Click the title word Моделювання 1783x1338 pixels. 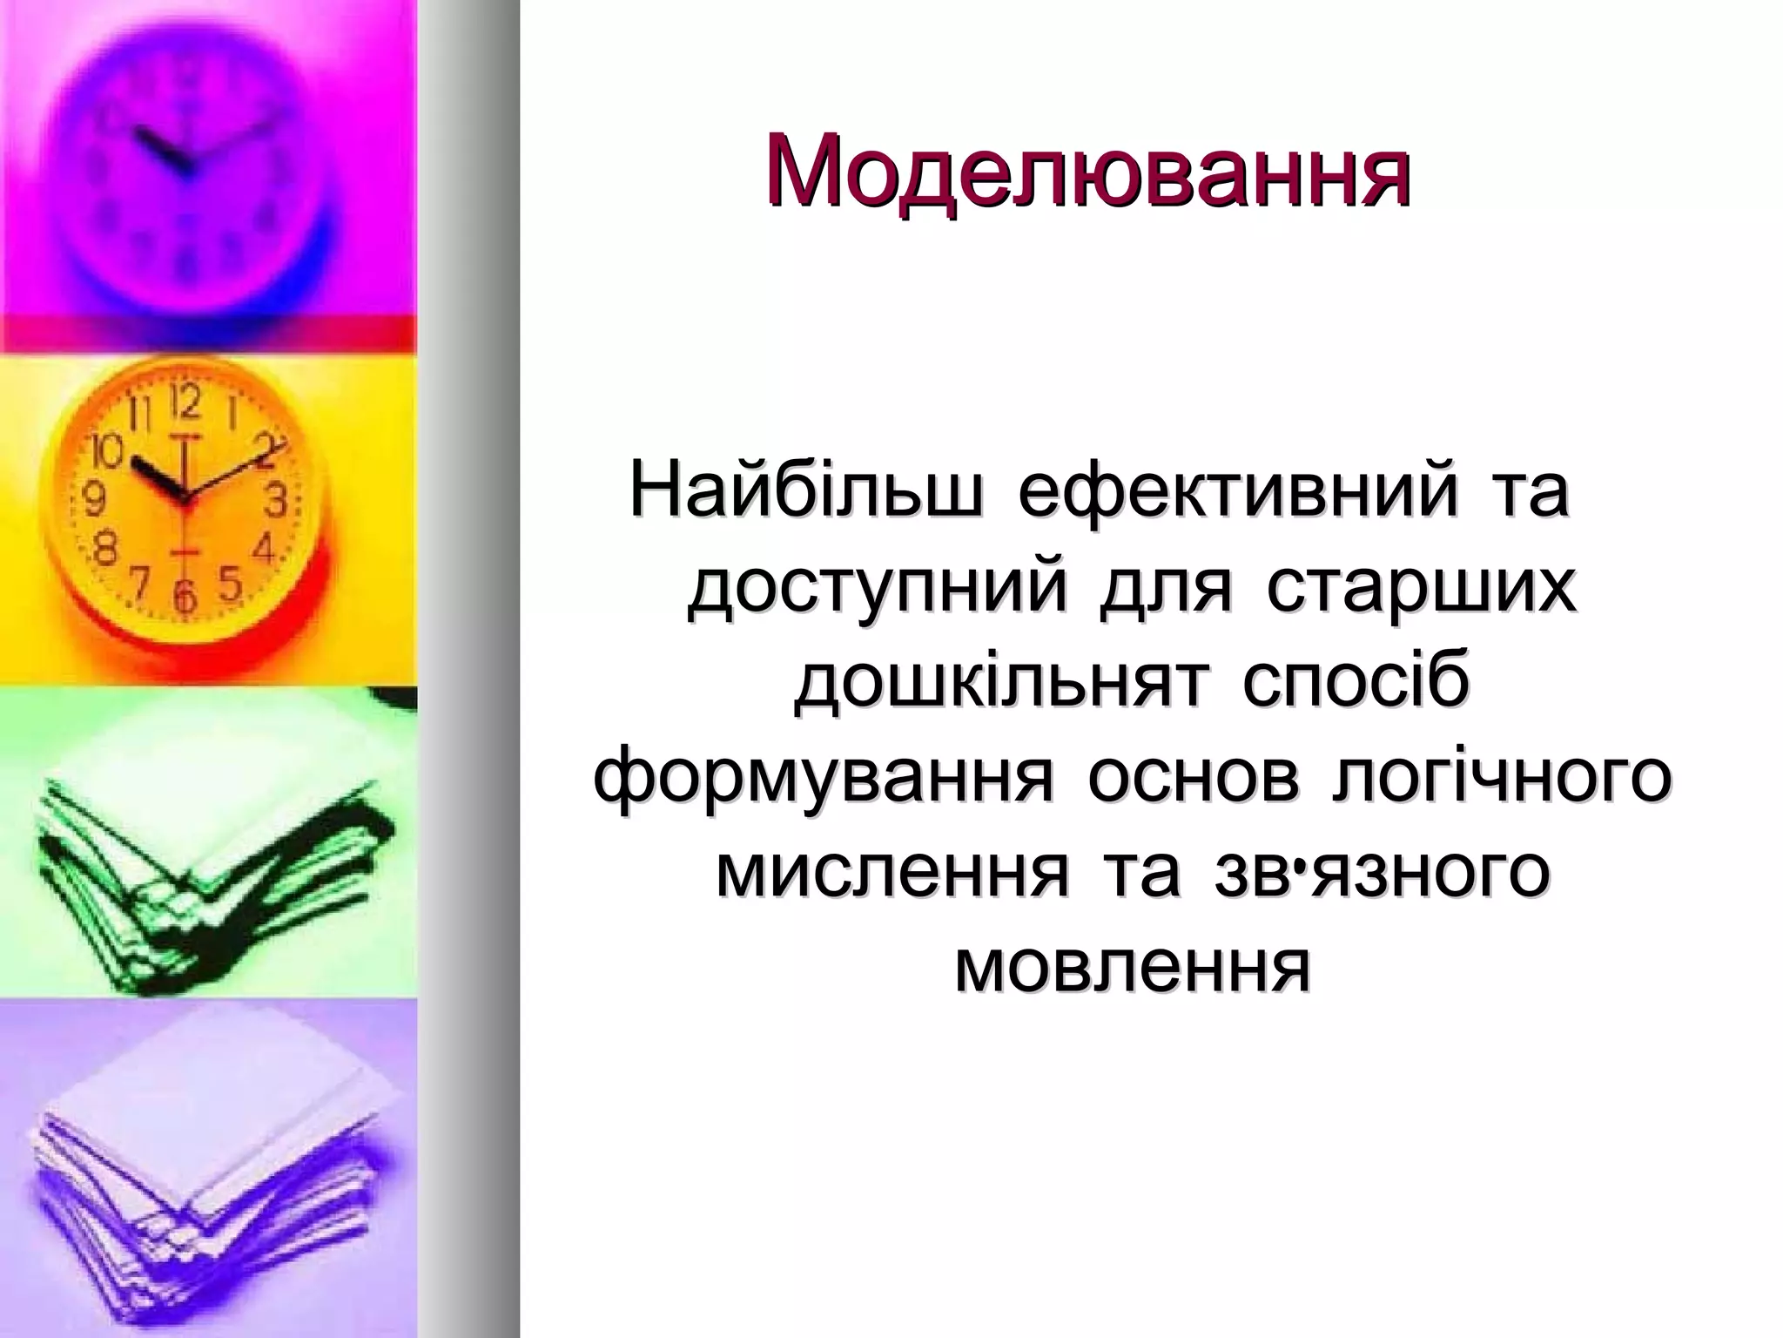click(x=1087, y=172)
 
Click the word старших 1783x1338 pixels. click(x=1421, y=590)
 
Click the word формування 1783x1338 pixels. click(x=824, y=781)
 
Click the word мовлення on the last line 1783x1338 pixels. click(x=1132, y=971)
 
